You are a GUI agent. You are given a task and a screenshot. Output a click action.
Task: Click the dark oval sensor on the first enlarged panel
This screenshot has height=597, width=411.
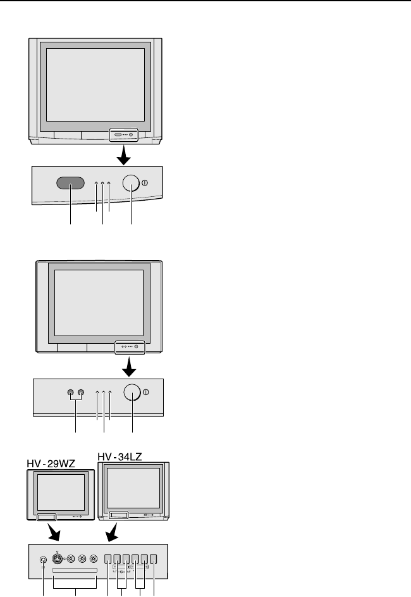71,183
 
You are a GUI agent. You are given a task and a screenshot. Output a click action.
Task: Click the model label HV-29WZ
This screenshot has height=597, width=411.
51,464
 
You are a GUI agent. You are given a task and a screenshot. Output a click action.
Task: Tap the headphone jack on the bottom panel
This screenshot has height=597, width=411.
43,559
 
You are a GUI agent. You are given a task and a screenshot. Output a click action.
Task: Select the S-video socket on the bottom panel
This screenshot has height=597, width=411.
58,559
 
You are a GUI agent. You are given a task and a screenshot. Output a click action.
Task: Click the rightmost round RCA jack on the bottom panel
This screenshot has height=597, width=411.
94,559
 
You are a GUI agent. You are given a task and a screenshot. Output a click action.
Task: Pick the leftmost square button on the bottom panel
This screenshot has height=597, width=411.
108,559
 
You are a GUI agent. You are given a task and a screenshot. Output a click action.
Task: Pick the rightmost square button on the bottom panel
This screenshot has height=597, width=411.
154,559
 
